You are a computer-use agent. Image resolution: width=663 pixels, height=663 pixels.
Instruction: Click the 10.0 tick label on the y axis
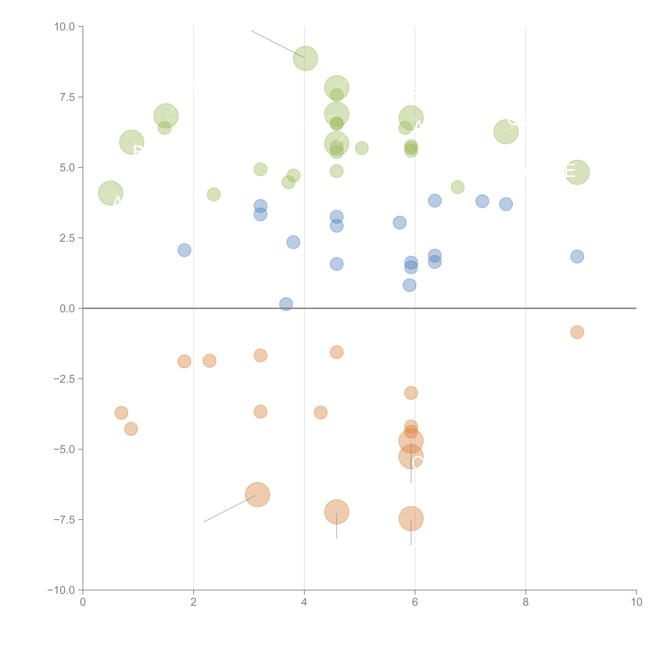[65, 27]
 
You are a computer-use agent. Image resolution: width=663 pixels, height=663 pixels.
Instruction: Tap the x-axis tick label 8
[526, 602]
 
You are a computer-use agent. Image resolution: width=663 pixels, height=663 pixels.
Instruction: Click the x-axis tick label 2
[194, 602]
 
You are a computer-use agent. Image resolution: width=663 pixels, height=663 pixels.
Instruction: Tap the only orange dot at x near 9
[577, 332]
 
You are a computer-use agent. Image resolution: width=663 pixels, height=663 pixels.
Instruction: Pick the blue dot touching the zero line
[286, 304]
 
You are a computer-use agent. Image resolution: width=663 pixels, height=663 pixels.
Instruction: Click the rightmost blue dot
[577, 256]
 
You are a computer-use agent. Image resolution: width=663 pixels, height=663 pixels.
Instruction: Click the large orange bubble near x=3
[257, 494]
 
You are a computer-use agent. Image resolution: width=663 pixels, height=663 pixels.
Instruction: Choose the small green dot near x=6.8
[457, 187]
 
